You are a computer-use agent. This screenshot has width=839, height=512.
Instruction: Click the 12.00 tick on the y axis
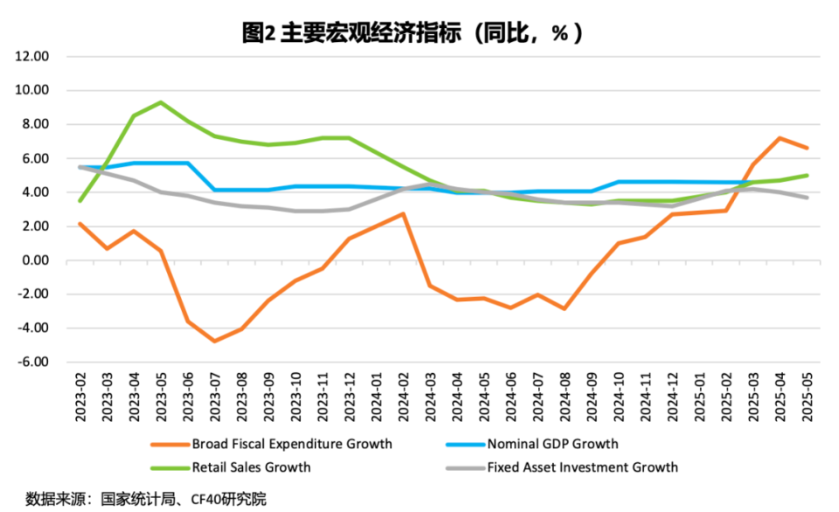click(32, 57)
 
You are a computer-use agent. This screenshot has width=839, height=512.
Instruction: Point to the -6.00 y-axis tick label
click(32, 362)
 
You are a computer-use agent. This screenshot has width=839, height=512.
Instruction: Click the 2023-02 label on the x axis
click(80, 395)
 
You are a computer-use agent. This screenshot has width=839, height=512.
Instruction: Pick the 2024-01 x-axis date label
click(376, 395)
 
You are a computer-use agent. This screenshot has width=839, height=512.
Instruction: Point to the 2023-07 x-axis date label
click(215, 395)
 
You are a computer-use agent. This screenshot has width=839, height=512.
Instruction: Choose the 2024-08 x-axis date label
click(565, 395)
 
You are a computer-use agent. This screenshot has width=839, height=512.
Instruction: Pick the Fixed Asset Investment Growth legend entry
click(582, 467)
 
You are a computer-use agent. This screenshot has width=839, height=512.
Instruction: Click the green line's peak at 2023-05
click(161, 102)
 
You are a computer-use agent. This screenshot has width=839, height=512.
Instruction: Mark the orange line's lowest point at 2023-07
click(215, 341)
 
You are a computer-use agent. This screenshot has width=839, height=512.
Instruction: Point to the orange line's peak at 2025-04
click(779, 138)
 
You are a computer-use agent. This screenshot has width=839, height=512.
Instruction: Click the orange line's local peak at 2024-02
click(402, 213)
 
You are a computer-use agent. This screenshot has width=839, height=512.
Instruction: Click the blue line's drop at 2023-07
click(215, 190)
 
